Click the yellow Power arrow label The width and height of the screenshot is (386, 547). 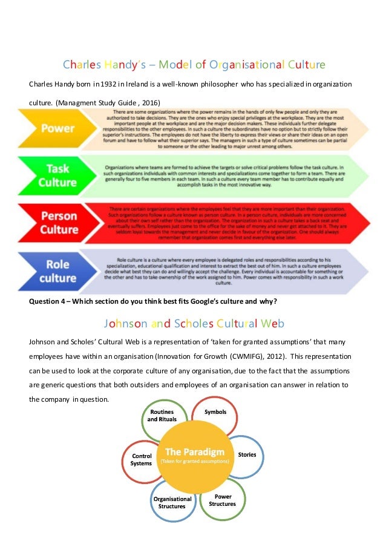point(58,128)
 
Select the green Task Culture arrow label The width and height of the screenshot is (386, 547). point(58,175)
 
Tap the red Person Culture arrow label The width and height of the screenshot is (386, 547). point(58,223)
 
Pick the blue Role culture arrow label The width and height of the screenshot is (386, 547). point(58,270)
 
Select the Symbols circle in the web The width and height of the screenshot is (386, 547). point(215,413)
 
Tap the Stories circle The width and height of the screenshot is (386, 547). point(246,454)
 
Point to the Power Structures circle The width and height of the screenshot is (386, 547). point(222,500)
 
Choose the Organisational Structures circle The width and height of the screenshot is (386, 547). point(172,502)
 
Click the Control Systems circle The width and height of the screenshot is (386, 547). point(142,459)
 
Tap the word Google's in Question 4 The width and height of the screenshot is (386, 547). point(194,303)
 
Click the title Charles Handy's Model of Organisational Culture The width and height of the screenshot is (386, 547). point(194,64)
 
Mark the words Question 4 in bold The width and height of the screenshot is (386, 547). point(50,303)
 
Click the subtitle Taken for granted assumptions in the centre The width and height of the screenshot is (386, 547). point(194,462)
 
